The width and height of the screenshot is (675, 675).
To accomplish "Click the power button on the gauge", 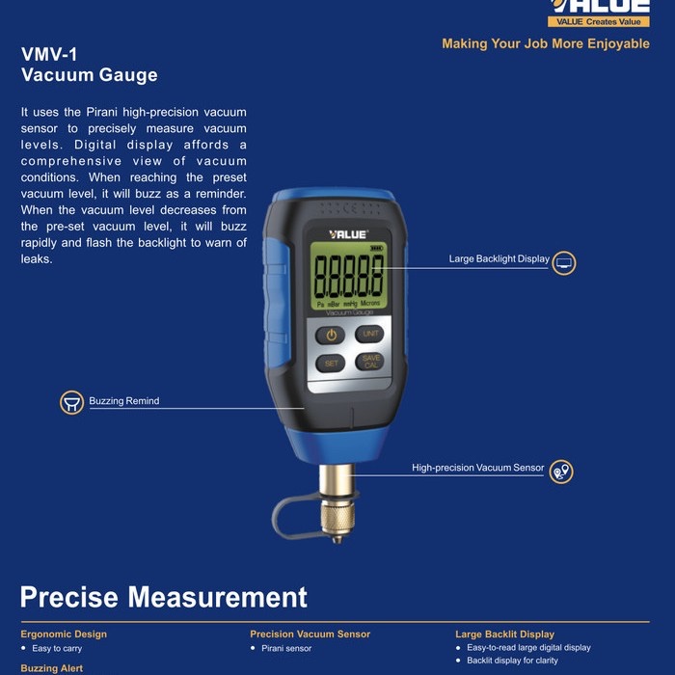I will click(331, 335).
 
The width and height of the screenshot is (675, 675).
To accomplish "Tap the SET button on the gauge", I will click(331, 364).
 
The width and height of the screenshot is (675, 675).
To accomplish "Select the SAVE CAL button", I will click(368, 362).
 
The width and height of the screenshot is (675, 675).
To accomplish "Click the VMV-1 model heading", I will click(48, 54).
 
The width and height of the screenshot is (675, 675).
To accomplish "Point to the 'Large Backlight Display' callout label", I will click(499, 258).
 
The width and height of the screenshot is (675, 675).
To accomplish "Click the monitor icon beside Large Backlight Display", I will click(564, 261).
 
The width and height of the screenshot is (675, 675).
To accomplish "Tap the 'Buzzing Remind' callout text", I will click(124, 400).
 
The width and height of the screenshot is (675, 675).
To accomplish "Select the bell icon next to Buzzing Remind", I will click(71, 402).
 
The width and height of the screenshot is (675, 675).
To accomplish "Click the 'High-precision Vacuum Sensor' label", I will click(477, 468).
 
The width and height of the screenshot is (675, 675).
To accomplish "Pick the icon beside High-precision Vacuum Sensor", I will click(561, 471).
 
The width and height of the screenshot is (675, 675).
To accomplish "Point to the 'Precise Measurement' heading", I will click(164, 597).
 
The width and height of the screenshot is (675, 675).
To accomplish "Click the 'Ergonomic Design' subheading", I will click(64, 634).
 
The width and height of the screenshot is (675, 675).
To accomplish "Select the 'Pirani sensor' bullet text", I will click(286, 649).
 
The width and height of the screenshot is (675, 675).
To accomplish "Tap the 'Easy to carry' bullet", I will click(57, 649).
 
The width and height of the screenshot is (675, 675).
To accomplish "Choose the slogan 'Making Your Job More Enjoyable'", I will click(545, 43).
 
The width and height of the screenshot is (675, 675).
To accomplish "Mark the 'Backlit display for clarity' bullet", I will click(512, 661).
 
